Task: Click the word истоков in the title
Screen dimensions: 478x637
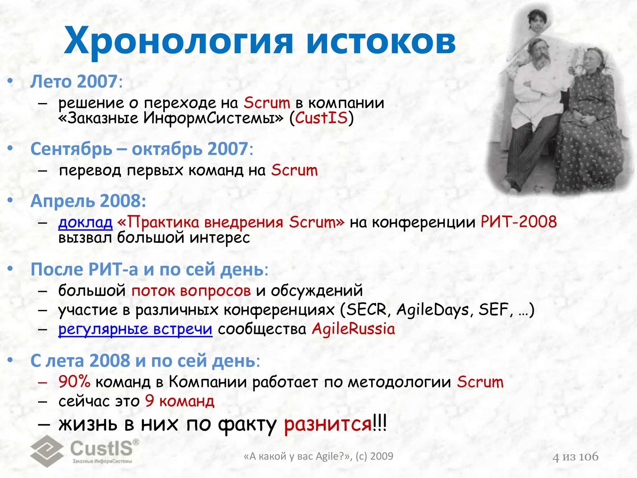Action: pos(381,42)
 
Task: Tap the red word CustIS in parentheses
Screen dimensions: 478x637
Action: pos(321,118)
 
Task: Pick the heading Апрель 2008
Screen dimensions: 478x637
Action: pos(88,201)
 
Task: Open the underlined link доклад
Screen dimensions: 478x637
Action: pos(85,222)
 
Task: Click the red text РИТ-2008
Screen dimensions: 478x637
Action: pos(518,222)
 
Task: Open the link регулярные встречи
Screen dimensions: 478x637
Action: pos(135,329)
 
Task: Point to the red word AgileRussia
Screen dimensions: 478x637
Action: pos(353,329)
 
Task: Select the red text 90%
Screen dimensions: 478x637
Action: pos(74,382)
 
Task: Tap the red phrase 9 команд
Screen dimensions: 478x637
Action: pos(180,401)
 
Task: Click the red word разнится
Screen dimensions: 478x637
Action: pos(328,424)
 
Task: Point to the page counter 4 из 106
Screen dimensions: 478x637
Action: pos(575,457)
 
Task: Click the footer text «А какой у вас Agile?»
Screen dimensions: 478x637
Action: pos(297,456)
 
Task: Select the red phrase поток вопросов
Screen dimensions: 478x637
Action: pos(191,291)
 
